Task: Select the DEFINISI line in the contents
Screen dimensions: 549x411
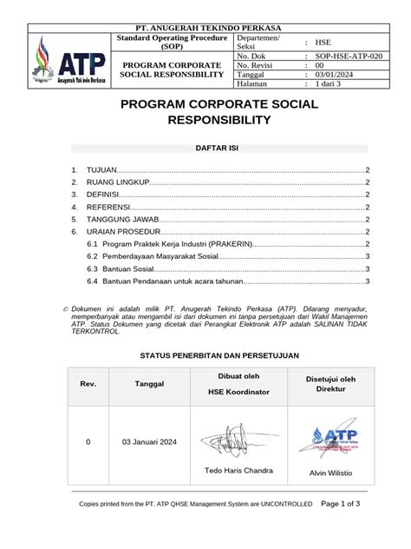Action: click(105, 195)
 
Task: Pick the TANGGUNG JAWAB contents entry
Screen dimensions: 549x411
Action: click(121, 220)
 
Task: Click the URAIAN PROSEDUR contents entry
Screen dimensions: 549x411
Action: click(120, 232)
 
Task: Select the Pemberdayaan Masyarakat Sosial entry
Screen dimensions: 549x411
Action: click(160, 257)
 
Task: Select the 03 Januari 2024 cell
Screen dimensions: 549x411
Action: click(149, 442)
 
